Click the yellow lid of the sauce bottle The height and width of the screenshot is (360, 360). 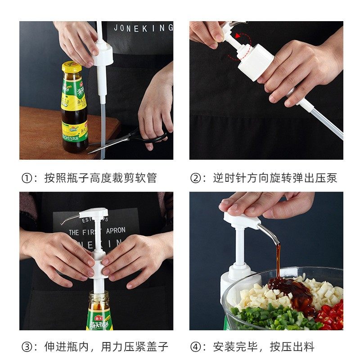(72, 67)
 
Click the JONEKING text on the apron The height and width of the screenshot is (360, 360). (143, 28)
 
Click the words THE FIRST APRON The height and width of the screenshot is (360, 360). (97, 232)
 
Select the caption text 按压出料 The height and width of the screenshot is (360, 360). (292, 347)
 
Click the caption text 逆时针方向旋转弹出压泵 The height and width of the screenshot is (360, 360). (275, 178)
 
